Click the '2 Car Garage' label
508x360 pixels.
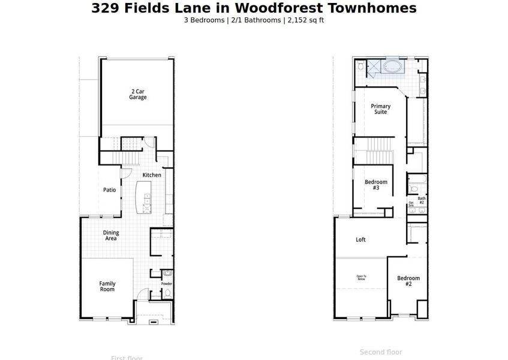[138, 94]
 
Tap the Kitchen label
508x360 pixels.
[152, 175]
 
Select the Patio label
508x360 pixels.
[109, 190]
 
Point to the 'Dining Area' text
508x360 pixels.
[111, 236]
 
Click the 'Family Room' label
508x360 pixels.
[107, 286]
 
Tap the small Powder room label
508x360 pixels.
[167, 284]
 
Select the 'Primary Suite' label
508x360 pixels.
[380, 109]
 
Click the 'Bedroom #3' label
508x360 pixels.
[376, 185]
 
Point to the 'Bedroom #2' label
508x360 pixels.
[408, 281]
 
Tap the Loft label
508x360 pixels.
[360, 240]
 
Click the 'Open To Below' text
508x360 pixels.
[361, 278]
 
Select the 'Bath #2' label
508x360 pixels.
[422, 200]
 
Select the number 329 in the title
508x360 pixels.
[104, 8]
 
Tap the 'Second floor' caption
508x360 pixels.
[381, 352]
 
